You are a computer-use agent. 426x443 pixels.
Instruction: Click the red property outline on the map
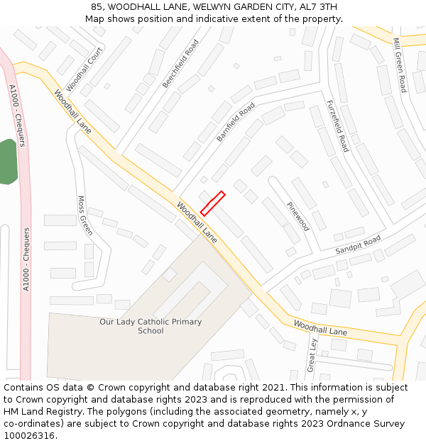pyautogui.click(x=213, y=203)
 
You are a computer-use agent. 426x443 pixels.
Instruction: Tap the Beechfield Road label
pyautogui.click(x=180, y=64)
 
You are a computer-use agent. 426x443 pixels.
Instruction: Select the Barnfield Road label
pyautogui.click(x=236, y=123)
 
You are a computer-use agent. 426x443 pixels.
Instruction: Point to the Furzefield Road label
pyautogui.click(x=337, y=125)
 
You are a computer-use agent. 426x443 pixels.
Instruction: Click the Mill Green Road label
pyautogui.click(x=400, y=65)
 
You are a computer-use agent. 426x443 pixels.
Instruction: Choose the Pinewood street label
pyautogui.click(x=297, y=216)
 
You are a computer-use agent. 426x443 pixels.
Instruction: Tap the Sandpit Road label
pyautogui.click(x=358, y=245)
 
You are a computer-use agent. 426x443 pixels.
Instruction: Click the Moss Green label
pyautogui.click(x=85, y=215)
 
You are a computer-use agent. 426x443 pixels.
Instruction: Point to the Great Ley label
pyautogui.click(x=311, y=354)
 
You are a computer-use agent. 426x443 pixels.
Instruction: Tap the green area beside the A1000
pyautogui.click(x=6, y=162)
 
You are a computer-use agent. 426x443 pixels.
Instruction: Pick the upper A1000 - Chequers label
pyautogui.click(x=17, y=116)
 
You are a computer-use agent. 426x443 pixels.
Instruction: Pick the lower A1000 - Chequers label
pyautogui.click(x=26, y=259)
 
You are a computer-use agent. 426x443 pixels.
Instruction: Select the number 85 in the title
pyautogui.click(x=97, y=7)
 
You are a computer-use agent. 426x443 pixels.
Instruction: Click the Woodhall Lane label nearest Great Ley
pyautogui.click(x=320, y=328)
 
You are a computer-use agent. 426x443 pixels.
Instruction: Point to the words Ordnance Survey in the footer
pyautogui.click(x=371, y=423)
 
